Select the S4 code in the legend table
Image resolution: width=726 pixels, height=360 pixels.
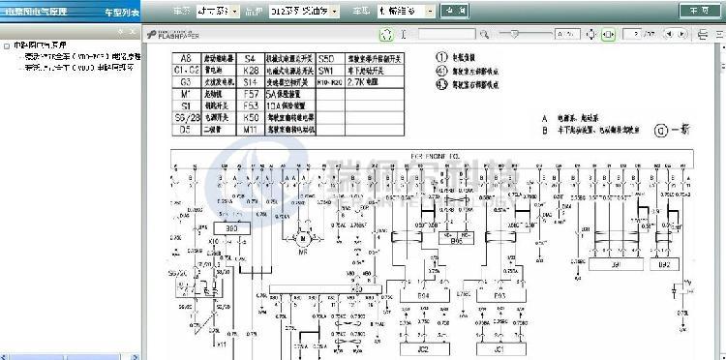click(250, 59)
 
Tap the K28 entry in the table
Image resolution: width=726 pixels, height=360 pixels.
click(250, 72)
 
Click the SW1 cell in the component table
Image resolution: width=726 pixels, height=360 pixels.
click(326, 72)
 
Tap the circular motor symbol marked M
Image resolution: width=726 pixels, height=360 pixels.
click(301, 238)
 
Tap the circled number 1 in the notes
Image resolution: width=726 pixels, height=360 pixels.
click(443, 56)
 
